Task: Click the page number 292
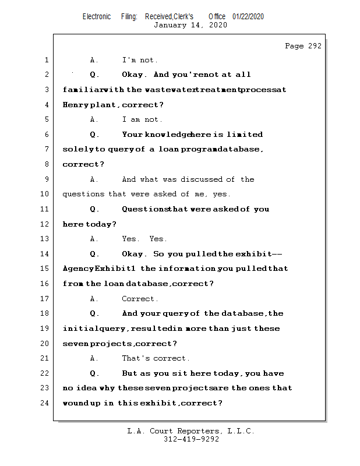[x=313, y=46]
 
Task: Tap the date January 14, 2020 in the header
[x=190, y=25]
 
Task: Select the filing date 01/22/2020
[x=248, y=16]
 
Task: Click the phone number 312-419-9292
[x=191, y=439]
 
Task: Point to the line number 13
[x=45, y=239]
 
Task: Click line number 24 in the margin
[x=45, y=403]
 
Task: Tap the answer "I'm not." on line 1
[x=140, y=60]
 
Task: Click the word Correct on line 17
[x=138, y=299]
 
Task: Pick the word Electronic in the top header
[x=97, y=16]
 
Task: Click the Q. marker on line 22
[x=95, y=373]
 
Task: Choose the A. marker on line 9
[x=94, y=179]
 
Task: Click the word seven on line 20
[x=76, y=344]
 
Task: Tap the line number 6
[x=45, y=135]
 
